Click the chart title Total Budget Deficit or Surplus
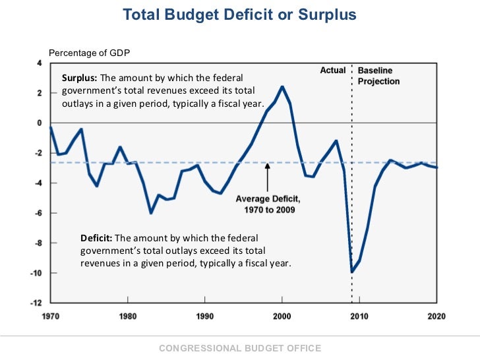click(x=239, y=15)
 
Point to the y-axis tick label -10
click(x=38, y=273)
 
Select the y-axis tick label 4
click(x=40, y=63)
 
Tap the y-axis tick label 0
click(x=40, y=123)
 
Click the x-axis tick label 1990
click(x=205, y=316)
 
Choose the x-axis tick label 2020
click(x=436, y=316)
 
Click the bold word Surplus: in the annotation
click(x=78, y=77)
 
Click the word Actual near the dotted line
click(x=333, y=70)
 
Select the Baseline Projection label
click(x=378, y=76)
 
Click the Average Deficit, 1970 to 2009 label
click(x=268, y=204)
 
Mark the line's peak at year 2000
click(x=282, y=86)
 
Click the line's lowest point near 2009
click(x=351, y=272)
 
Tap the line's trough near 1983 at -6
click(x=151, y=213)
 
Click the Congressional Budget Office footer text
click(x=240, y=348)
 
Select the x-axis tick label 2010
click(x=359, y=316)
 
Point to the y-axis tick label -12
click(x=38, y=303)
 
